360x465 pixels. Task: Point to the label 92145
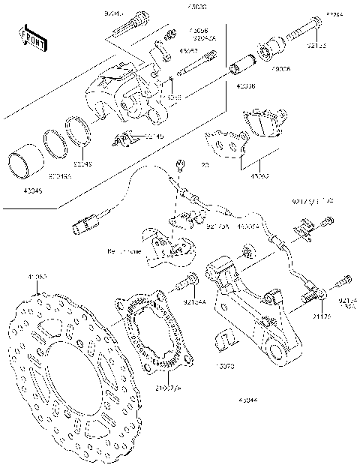pyautogui.click(x=154, y=136)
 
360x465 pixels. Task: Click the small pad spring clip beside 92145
pyautogui.click(x=125, y=138)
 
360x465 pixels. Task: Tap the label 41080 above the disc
pyautogui.click(x=37, y=277)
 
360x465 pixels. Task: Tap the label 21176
pyautogui.click(x=322, y=316)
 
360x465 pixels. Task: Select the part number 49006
pyautogui.click(x=281, y=69)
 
